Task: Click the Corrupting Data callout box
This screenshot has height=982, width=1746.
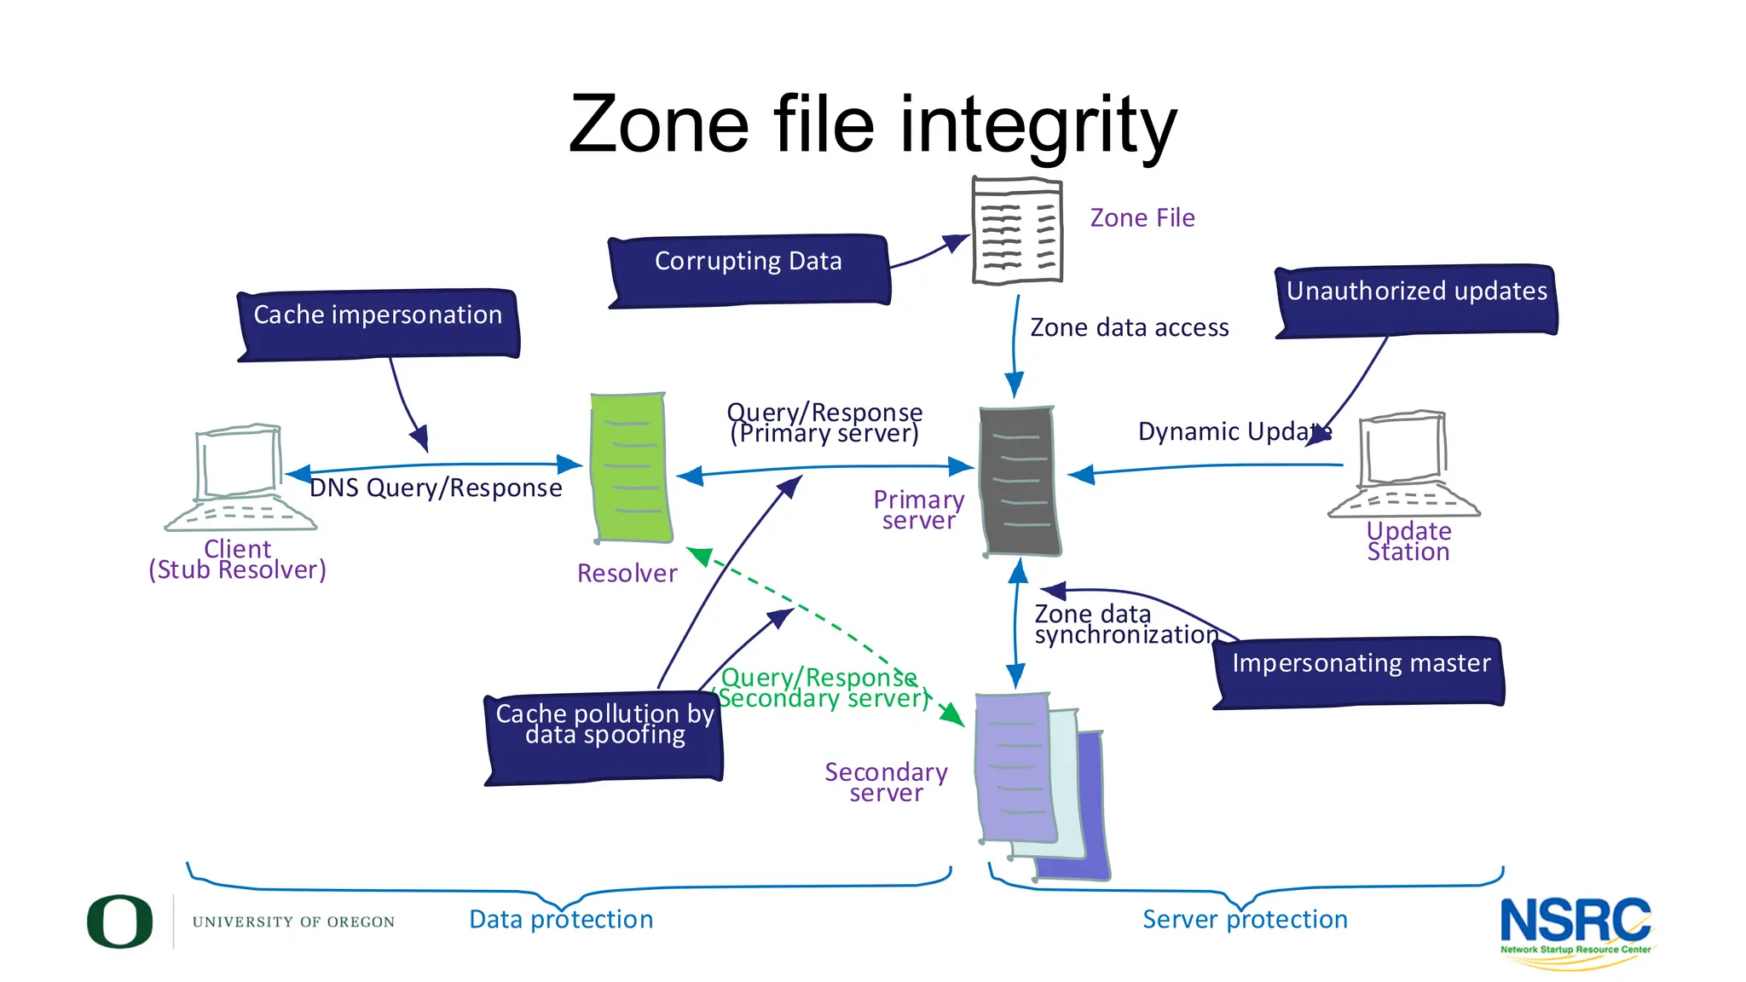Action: coord(749,269)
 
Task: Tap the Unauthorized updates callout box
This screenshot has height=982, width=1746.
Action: coord(1416,300)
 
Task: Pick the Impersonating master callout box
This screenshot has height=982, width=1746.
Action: coord(1359,672)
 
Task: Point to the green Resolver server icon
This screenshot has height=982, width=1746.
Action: coord(630,468)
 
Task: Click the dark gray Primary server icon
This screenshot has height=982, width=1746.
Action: coord(1020,482)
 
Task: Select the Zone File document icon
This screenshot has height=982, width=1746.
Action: coord(1017,230)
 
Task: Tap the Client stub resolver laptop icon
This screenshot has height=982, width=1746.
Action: coord(240,477)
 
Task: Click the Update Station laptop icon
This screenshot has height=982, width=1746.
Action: coord(1404,465)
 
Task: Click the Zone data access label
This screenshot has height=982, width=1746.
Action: coord(1129,328)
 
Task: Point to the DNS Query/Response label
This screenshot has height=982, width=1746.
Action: coord(436,488)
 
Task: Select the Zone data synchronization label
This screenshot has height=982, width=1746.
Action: coord(1125,625)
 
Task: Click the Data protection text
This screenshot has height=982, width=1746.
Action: coord(561,920)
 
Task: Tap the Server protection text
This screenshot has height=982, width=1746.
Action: coord(1245,920)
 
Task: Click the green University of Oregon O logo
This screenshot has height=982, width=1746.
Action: coord(120,921)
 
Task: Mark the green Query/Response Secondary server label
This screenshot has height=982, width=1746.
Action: coord(823,689)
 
